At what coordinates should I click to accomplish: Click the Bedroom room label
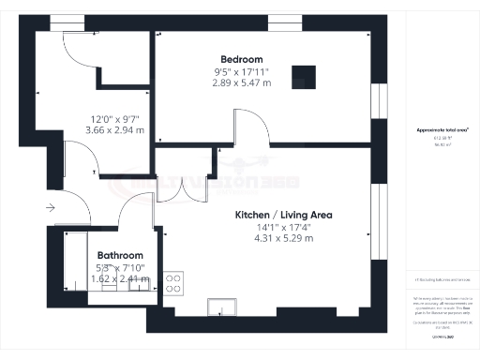point(241,60)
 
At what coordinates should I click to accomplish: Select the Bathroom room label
point(121,255)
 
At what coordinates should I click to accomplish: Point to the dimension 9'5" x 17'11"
point(241,71)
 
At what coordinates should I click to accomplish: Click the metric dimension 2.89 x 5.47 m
point(241,82)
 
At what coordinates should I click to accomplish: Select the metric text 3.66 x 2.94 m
point(114,130)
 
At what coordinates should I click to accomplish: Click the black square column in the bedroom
point(302,76)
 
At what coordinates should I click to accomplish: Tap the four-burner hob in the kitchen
point(174,283)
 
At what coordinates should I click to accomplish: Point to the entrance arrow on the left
point(48,207)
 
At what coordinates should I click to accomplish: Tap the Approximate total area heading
point(442,128)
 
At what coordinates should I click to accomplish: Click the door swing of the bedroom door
point(246,127)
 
